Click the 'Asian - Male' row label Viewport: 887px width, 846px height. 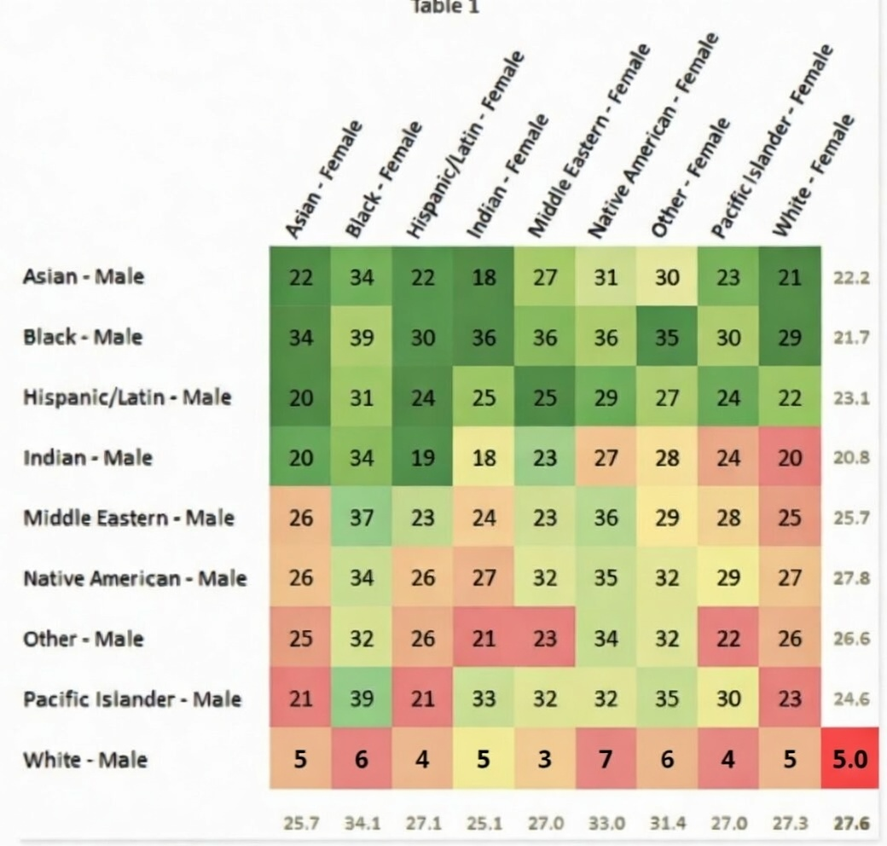click(x=83, y=276)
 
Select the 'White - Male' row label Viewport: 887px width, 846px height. click(x=84, y=759)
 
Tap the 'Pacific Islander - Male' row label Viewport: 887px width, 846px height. click(x=132, y=698)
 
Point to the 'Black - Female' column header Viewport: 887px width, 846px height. click(x=383, y=181)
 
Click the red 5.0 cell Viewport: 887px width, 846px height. click(x=849, y=758)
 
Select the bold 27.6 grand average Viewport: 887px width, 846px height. click(x=849, y=823)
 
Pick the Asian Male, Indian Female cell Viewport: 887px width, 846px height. click(x=484, y=277)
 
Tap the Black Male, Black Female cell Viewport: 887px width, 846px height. click(x=362, y=337)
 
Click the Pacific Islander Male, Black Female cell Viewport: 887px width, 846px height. click(x=362, y=698)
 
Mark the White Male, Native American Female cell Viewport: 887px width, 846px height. click(x=606, y=758)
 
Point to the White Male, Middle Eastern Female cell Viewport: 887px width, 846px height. click(x=544, y=758)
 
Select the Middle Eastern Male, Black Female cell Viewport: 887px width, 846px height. click(x=362, y=518)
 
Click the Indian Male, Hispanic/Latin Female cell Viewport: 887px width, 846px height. click(x=423, y=458)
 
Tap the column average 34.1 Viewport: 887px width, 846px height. click(x=362, y=823)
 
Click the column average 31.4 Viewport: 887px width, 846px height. click(x=666, y=823)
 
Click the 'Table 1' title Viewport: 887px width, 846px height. click(x=446, y=8)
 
